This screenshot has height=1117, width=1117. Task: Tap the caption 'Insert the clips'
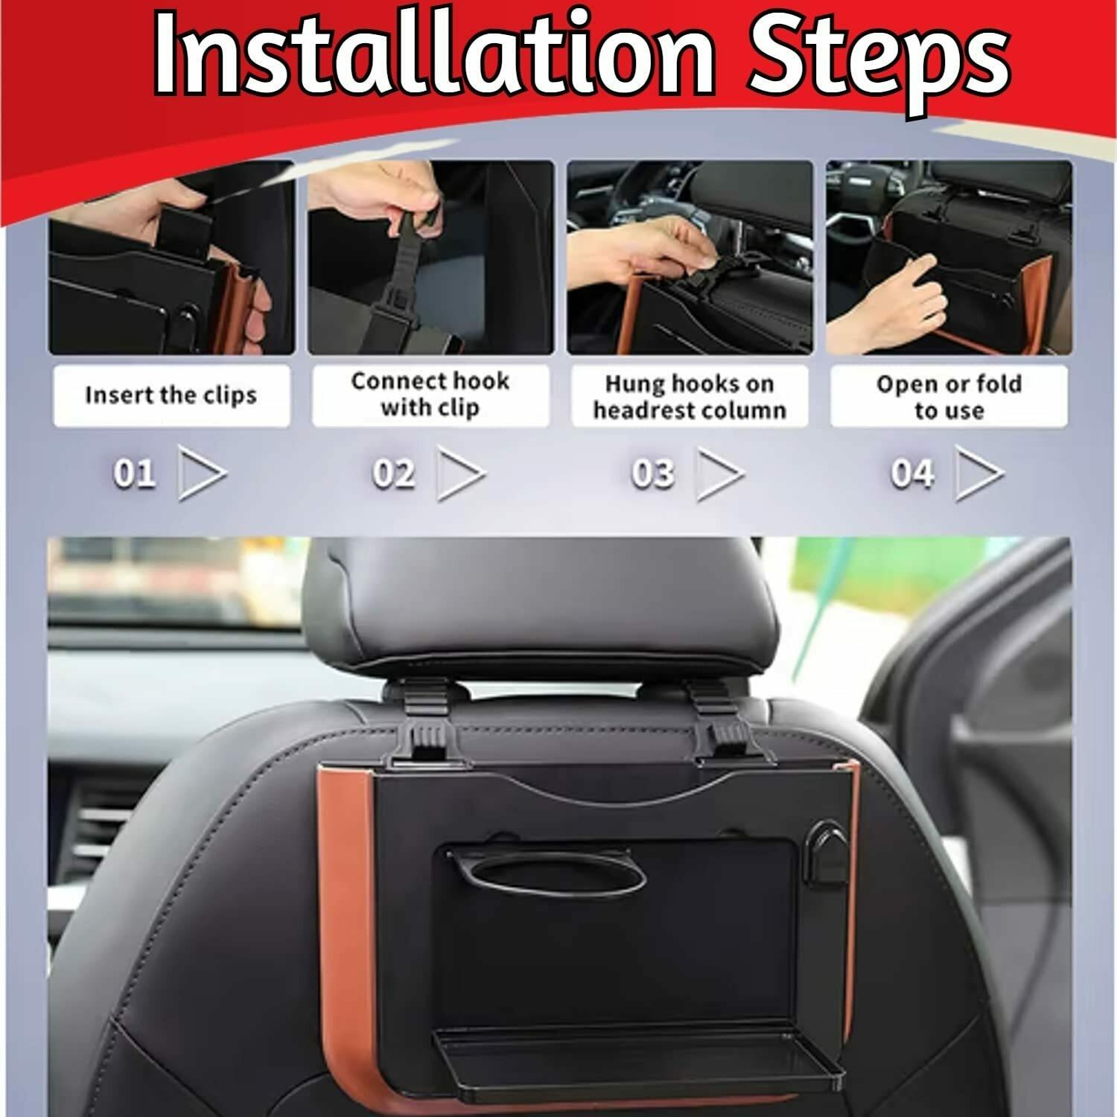[171, 395]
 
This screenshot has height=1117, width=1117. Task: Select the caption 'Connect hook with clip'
[430, 394]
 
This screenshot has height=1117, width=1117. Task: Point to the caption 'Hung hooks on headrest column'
[690, 397]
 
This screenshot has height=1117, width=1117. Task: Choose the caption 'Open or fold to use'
[949, 397]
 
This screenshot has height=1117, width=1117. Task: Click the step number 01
[134, 474]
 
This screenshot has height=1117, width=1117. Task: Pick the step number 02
[393, 474]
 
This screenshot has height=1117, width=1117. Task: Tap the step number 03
[652, 474]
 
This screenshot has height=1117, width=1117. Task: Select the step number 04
[911, 474]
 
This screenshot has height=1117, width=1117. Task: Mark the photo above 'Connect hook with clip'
[430, 258]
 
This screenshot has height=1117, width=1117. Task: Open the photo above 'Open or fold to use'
[949, 258]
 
